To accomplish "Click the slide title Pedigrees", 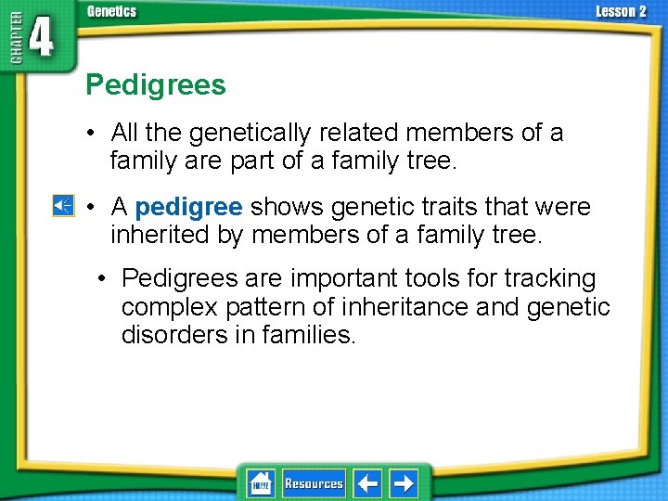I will pyautogui.click(x=155, y=85).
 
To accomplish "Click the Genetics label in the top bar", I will pyautogui.click(x=111, y=11).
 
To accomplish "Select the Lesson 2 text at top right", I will pyautogui.click(x=621, y=11).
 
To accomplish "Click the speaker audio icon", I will pyautogui.click(x=63, y=206).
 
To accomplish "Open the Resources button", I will pyautogui.click(x=314, y=483).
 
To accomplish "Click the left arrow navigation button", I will pyautogui.click(x=367, y=483).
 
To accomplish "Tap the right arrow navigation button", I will pyautogui.click(x=403, y=483).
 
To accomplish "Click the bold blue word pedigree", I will pyautogui.click(x=188, y=206).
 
